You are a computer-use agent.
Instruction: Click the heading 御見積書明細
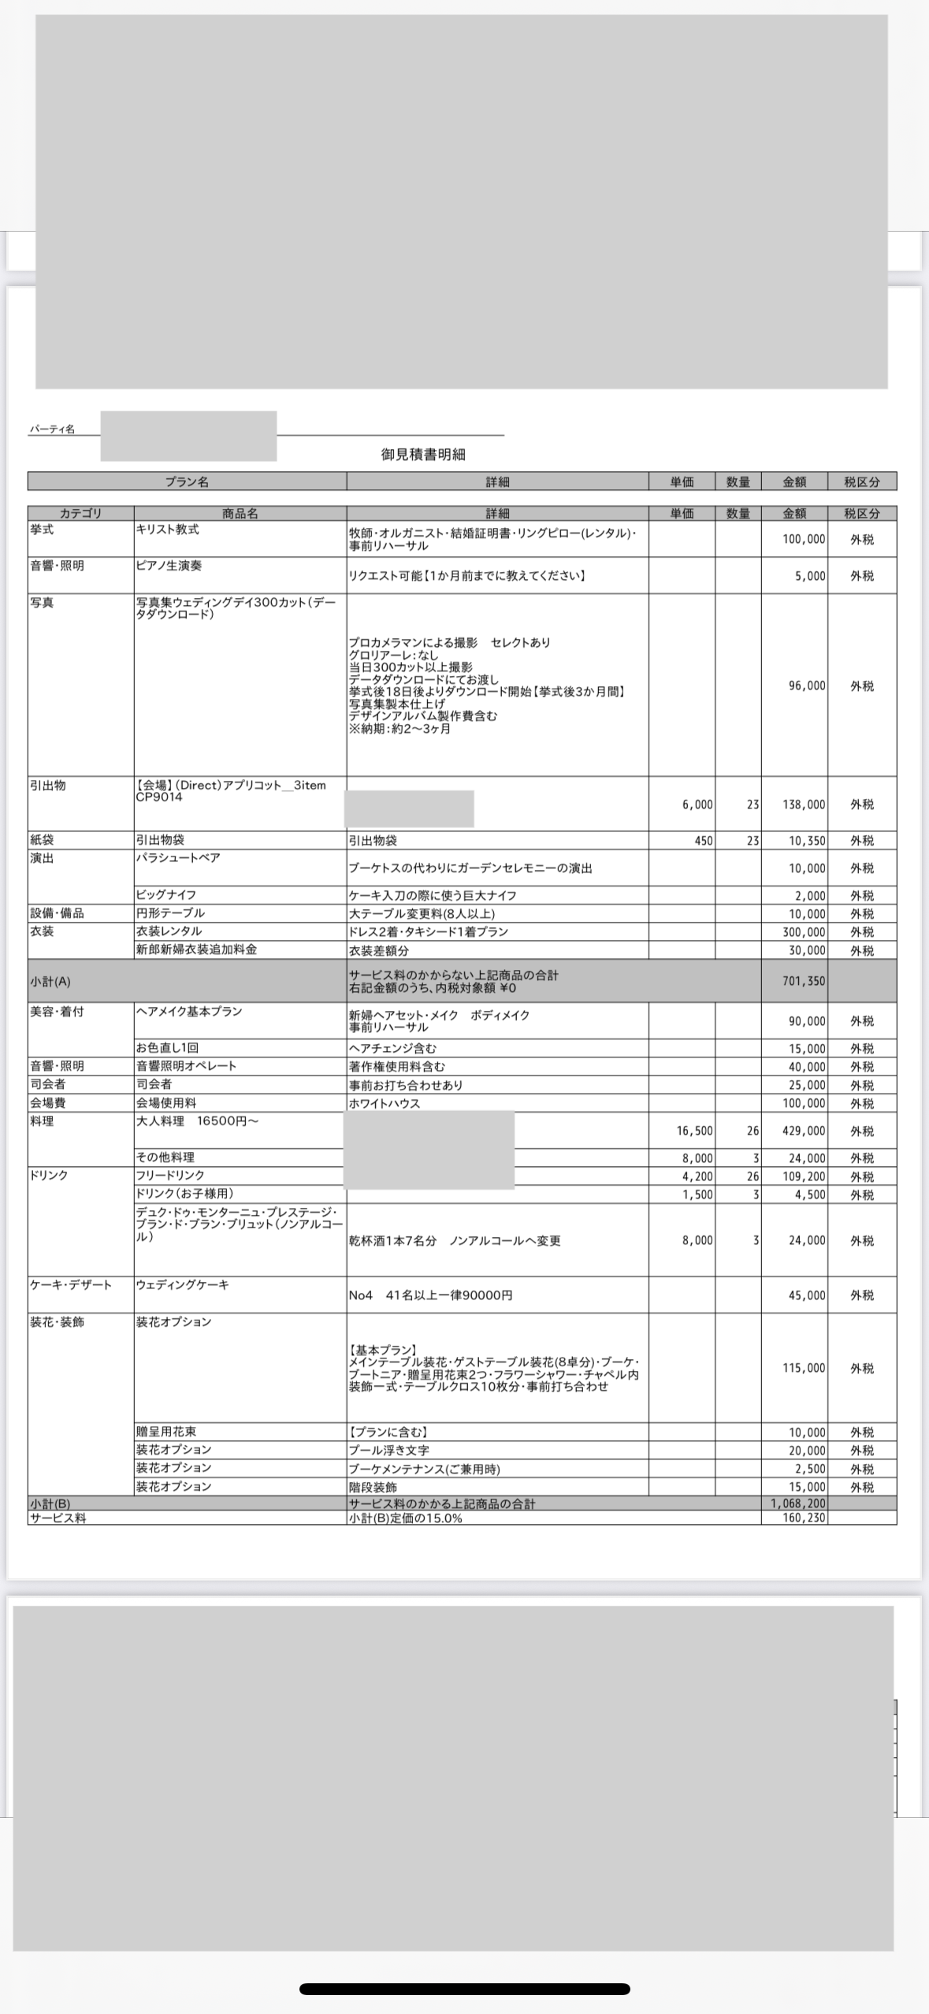pos(423,455)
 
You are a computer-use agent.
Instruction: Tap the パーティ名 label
pos(52,429)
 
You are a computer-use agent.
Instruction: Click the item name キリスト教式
pos(167,530)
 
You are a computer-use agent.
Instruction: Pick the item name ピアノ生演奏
pos(167,566)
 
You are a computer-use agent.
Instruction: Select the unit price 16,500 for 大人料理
pos(694,1131)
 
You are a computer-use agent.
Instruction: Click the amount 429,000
pos(806,1131)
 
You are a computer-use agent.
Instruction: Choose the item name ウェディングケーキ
pos(183,1284)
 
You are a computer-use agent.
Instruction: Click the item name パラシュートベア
pos(178,857)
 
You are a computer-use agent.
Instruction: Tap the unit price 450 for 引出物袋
pos(703,841)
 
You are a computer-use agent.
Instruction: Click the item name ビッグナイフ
pos(166,895)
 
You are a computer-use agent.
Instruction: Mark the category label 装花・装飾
pos(57,1321)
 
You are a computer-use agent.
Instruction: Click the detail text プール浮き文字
pos(389,1450)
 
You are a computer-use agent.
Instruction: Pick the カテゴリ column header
pos(80,514)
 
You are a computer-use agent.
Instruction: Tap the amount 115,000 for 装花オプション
pos(804,1368)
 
